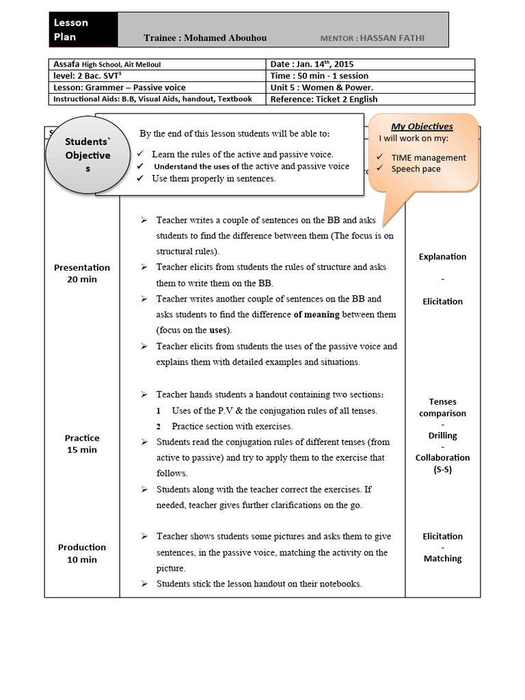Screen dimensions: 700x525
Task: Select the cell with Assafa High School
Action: pos(107,64)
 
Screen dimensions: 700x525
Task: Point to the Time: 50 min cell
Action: pos(319,76)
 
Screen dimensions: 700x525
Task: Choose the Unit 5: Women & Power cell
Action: pos(322,87)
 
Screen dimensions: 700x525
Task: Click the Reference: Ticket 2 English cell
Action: pos(324,99)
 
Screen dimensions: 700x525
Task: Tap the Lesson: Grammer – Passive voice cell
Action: pos(120,87)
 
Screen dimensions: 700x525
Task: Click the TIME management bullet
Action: pos(428,157)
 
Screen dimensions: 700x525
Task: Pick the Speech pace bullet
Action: pos(416,169)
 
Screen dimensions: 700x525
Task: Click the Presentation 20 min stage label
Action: pos(82,273)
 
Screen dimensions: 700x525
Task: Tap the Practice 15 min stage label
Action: pos(82,444)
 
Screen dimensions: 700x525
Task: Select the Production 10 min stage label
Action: pos(82,553)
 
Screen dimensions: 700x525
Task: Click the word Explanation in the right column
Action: pos(442,257)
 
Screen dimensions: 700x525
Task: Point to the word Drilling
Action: pos(442,435)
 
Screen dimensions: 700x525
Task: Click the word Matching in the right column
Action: pos(442,558)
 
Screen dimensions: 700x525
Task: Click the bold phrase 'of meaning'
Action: pos(317,315)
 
